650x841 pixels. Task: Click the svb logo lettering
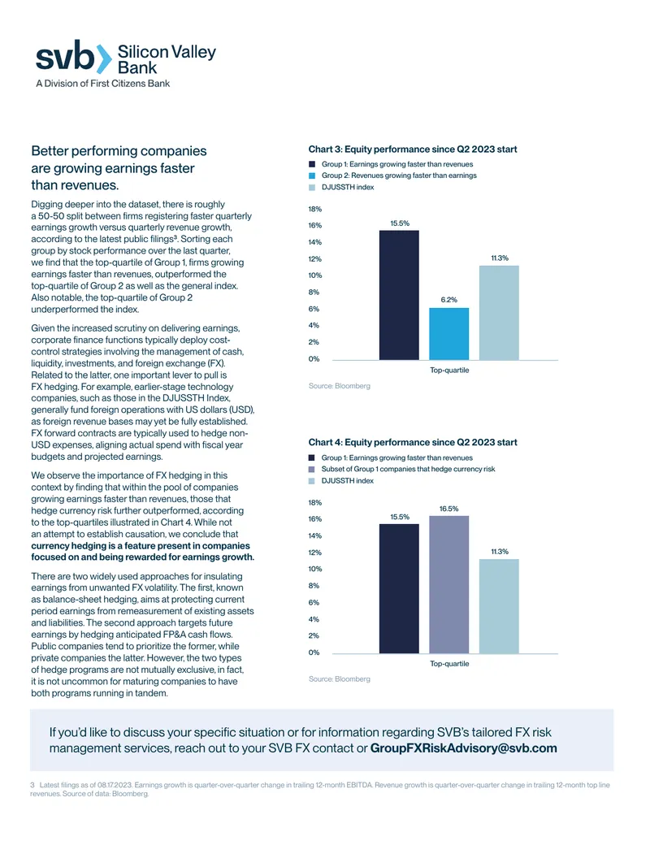[x=65, y=57]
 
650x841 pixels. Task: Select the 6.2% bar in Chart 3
[x=448, y=334]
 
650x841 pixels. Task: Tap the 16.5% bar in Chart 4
[x=448, y=584]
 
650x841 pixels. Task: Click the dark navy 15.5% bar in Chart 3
[x=399, y=295]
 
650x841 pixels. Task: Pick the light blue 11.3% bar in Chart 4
[x=499, y=606]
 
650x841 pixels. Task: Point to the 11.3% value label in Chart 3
[x=500, y=258]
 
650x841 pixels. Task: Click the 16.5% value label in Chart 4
[x=448, y=509]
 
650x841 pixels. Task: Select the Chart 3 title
[x=413, y=150]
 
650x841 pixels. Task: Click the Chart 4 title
[x=413, y=442]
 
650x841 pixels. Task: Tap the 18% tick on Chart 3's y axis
[x=314, y=209]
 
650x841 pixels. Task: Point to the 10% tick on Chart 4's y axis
[x=314, y=569]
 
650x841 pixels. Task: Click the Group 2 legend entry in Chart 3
[x=392, y=176]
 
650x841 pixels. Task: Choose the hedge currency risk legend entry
[x=401, y=469]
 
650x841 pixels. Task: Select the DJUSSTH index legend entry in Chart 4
[x=341, y=480]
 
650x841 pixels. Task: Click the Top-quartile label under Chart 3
[x=449, y=370]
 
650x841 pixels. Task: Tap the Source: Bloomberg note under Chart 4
[x=340, y=678]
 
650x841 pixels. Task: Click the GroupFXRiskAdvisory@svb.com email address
[x=463, y=748]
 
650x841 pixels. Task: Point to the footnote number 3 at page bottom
[x=32, y=785]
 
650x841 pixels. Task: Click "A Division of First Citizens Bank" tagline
[x=103, y=83]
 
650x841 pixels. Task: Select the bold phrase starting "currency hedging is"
[x=143, y=552]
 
